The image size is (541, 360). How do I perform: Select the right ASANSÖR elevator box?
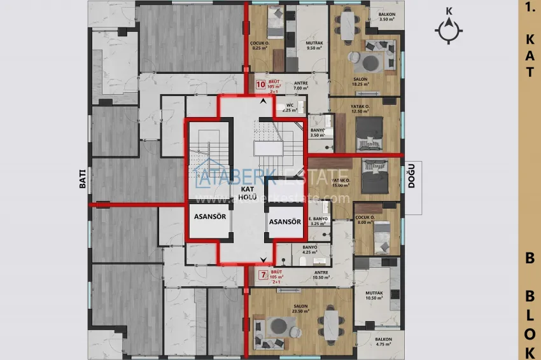(285, 221)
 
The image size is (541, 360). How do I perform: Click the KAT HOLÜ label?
(248, 193)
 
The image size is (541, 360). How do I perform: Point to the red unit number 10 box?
(260, 84)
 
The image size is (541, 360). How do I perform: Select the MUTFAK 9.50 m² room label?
(315, 45)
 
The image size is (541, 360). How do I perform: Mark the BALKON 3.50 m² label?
(388, 17)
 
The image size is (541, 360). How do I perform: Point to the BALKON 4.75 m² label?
(384, 342)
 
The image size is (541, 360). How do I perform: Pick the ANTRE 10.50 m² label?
(321, 275)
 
